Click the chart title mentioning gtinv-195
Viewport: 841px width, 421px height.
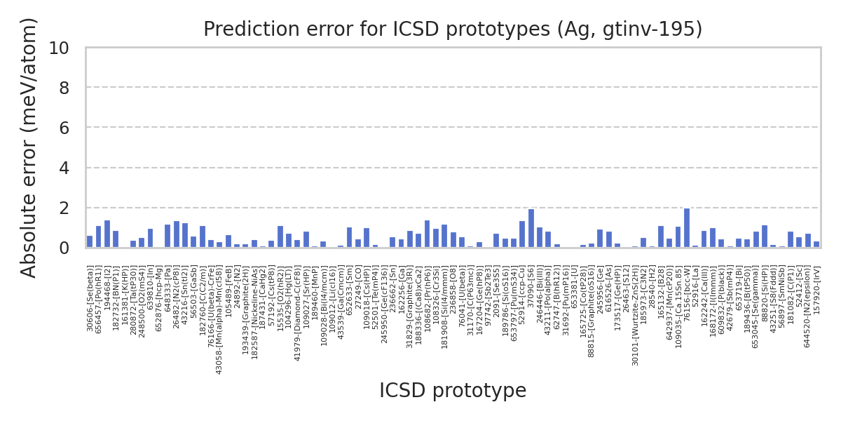(453, 29)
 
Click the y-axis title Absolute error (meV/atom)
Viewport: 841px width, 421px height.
(29, 147)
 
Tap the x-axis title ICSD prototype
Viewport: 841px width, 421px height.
(453, 391)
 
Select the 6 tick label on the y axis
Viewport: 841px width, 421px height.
(64, 128)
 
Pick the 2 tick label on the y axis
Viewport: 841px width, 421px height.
(64, 208)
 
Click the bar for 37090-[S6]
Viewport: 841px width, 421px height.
(531, 229)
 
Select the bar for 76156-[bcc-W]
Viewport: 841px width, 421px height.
(687, 228)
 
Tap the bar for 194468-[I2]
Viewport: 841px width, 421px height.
(107, 234)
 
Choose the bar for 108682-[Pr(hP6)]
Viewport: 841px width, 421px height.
(427, 234)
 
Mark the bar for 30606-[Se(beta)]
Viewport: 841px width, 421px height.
(90, 242)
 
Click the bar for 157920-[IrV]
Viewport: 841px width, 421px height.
(816, 244)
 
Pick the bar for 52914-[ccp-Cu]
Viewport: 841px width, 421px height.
(522, 234)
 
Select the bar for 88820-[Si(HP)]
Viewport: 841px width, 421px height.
(765, 236)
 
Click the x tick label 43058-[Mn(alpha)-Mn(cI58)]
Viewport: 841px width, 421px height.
(219, 320)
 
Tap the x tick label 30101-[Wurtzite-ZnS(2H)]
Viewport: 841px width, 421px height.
(635, 316)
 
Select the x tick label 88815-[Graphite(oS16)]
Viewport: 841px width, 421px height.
(592, 312)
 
